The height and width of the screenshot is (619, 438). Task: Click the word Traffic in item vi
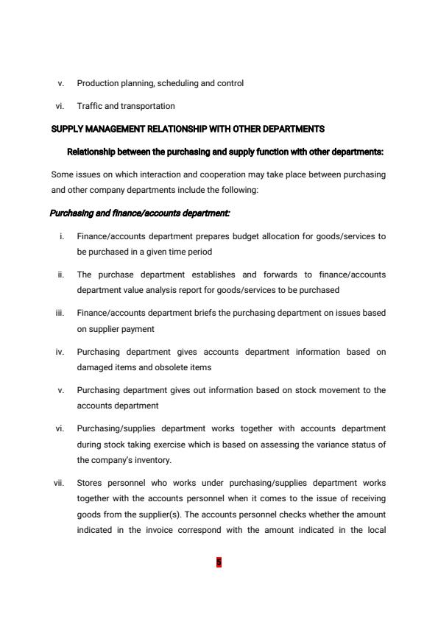click(89, 106)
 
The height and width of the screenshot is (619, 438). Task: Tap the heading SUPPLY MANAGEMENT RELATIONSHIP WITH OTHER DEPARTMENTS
click(188, 130)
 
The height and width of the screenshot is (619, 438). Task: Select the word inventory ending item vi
click(151, 459)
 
